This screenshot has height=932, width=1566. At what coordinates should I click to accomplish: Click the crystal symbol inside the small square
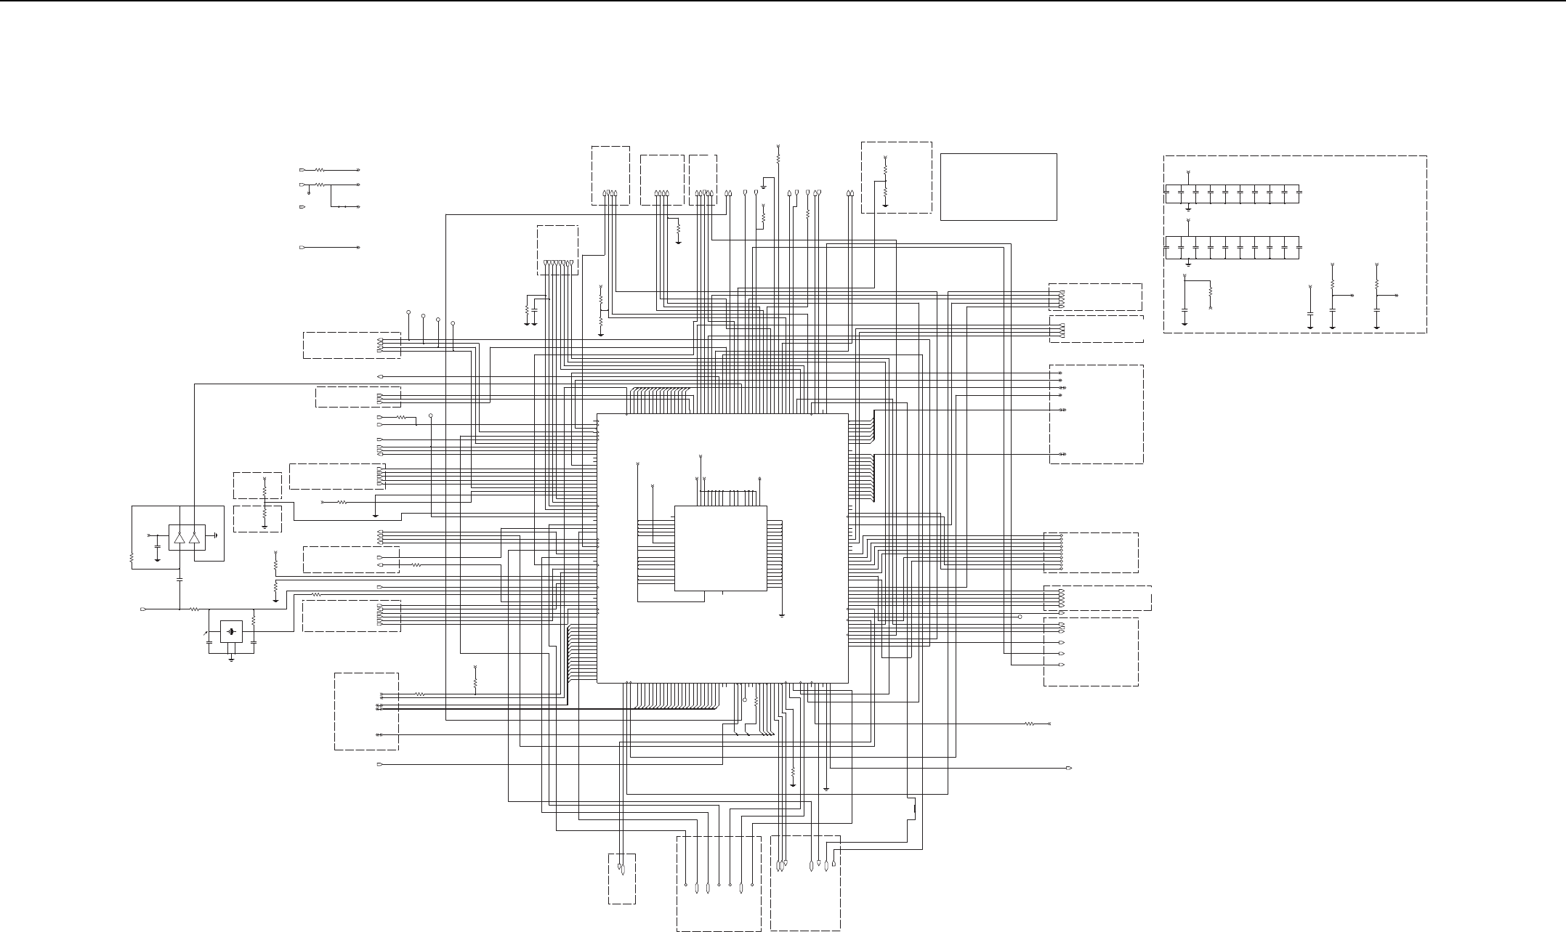coord(231,631)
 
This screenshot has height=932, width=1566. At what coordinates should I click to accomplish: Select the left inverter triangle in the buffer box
coord(179,538)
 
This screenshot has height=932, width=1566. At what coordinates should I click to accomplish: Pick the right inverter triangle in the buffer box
coord(194,538)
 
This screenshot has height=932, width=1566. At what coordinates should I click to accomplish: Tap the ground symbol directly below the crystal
coord(231,659)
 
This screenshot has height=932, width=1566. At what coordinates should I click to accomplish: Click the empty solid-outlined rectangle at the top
coord(998,187)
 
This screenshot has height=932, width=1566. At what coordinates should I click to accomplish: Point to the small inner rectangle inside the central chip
coord(720,548)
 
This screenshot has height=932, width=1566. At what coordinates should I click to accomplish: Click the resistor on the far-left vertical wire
coord(132,559)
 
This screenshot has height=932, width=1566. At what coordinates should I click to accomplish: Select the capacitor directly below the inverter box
coord(179,580)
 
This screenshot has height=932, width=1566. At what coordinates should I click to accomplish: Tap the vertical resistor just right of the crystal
coord(254,621)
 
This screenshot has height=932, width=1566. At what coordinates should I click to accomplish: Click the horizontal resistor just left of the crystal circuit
coord(195,609)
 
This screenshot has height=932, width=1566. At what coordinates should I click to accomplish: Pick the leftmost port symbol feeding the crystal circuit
coord(144,609)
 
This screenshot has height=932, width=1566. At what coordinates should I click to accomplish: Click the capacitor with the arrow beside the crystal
coord(209,642)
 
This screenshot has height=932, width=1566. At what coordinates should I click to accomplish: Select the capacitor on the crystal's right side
coord(254,643)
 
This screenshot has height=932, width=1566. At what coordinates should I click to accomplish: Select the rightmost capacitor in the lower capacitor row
coord(1299,248)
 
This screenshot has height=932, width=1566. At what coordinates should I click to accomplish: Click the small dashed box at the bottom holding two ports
coord(622,878)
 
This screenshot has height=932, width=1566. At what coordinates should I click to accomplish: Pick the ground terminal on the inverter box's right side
coord(216,536)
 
